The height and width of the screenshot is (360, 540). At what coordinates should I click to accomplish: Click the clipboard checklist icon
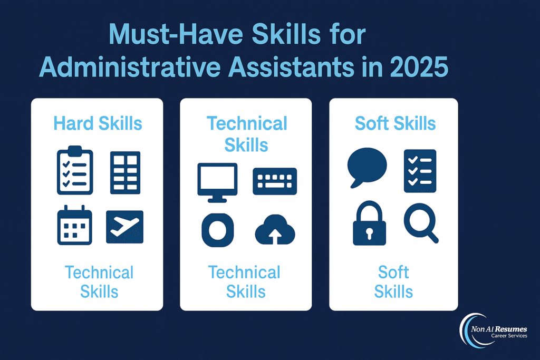pyautogui.click(x=75, y=170)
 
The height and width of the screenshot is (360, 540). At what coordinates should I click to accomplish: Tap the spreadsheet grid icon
pyautogui.click(x=126, y=172)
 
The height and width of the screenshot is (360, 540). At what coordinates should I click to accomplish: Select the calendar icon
pyautogui.click(x=74, y=225)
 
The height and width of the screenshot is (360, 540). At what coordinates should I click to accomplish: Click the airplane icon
pyautogui.click(x=124, y=227)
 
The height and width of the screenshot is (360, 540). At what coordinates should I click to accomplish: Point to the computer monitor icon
pyautogui.click(x=217, y=182)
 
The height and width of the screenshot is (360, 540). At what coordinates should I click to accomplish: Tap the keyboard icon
pyautogui.click(x=275, y=181)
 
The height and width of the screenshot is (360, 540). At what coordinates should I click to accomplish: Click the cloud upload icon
pyautogui.click(x=275, y=230)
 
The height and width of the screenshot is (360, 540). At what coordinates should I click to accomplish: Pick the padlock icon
pyautogui.click(x=369, y=223)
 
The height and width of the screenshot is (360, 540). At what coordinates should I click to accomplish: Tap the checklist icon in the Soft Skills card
pyautogui.click(x=420, y=171)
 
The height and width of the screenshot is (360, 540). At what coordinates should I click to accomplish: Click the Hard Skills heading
pyautogui.click(x=98, y=123)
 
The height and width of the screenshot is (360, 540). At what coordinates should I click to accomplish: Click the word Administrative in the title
pyautogui.click(x=130, y=66)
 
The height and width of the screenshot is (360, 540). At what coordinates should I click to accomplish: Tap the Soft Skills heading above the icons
pyautogui.click(x=395, y=123)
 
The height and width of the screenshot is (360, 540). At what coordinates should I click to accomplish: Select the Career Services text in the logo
pyautogui.click(x=509, y=336)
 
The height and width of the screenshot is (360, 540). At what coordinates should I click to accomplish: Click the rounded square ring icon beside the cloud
pyautogui.click(x=218, y=230)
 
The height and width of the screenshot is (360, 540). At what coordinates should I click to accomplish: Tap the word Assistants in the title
pyautogui.click(x=291, y=66)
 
